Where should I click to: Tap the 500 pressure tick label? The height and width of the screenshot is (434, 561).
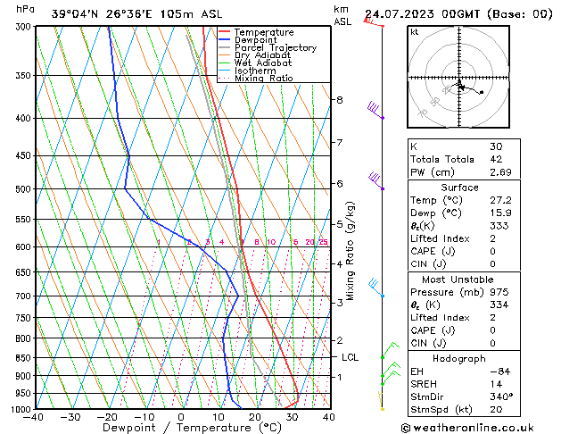tap(21, 189)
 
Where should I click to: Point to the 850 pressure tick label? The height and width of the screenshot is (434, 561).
tap(21, 357)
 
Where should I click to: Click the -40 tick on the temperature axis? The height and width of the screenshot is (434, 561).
tap(34, 417)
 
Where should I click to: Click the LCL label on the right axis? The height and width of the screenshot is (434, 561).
tap(351, 357)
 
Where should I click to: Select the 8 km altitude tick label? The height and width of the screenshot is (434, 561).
tap(340, 100)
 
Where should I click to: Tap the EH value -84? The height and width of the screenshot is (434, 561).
tap(499, 371)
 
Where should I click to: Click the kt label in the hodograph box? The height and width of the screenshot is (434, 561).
tap(414, 32)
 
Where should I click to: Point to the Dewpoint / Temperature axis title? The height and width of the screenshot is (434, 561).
tap(181, 428)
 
